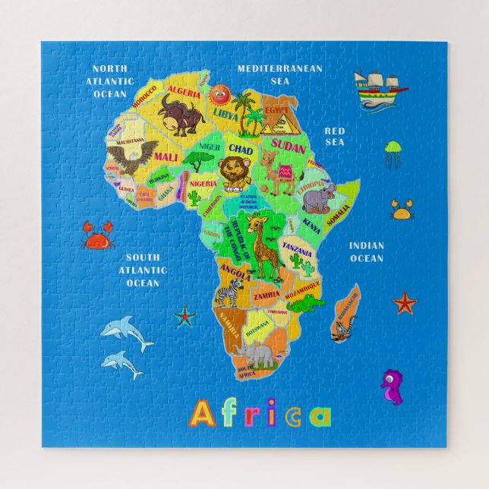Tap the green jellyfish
click(x=393, y=152)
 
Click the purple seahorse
click(x=391, y=385)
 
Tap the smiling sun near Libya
click(x=220, y=96)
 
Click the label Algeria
click(x=185, y=93)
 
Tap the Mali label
click(x=166, y=156)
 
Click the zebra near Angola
click(x=229, y=292)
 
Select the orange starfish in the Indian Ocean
click(x=405, y=304)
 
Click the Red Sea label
click(x=335, y=136)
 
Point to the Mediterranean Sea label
click(x=279, y=74)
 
